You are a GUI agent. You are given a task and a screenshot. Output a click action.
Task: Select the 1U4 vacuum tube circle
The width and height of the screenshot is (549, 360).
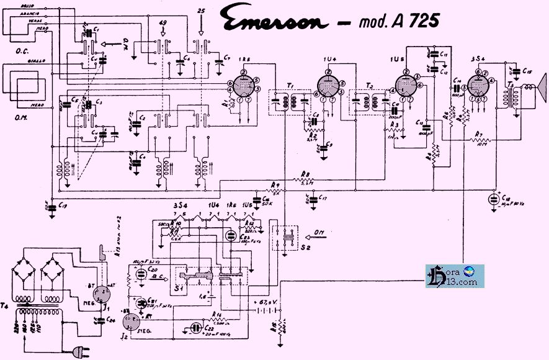point(329,87)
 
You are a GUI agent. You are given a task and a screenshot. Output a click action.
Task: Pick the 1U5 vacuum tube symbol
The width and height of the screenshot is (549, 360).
point(407,87)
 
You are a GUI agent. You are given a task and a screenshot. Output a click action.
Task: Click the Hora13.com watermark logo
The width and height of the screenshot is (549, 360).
point(454,276)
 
